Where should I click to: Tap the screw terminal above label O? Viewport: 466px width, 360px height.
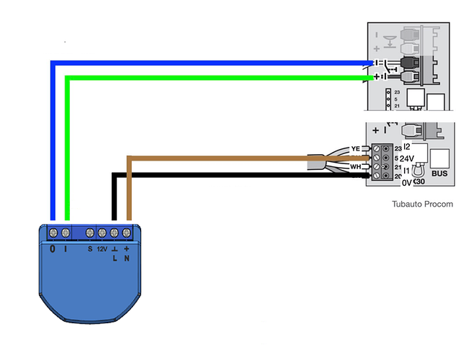[53, 233]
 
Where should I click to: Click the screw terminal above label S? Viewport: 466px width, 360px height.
[90, 233]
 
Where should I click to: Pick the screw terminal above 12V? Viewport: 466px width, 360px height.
[102, 233]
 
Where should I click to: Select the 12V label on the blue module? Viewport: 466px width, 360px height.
[102, 249]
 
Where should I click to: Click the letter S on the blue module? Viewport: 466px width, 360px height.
[90, 249]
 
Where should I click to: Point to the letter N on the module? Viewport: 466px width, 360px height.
[126, 258]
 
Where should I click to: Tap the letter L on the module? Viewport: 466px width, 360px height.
[114, 258]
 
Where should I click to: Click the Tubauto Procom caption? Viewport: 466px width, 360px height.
[423, 204]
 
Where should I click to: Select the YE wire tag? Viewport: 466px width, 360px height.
[355, 148]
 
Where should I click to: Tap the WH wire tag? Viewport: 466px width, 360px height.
[355, 166]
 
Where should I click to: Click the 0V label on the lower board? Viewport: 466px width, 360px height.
[407, 183]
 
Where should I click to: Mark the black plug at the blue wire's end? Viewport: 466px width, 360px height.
[409, 63]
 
